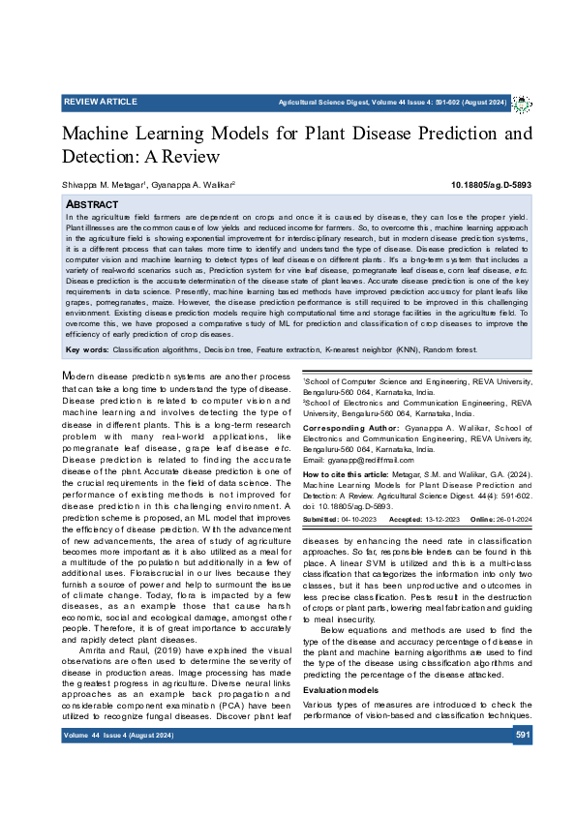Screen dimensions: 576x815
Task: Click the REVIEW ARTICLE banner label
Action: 101,102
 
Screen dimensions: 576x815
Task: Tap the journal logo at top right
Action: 522,103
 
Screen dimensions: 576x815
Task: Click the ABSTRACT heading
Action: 92,205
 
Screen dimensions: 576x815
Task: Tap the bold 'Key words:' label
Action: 86,347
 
